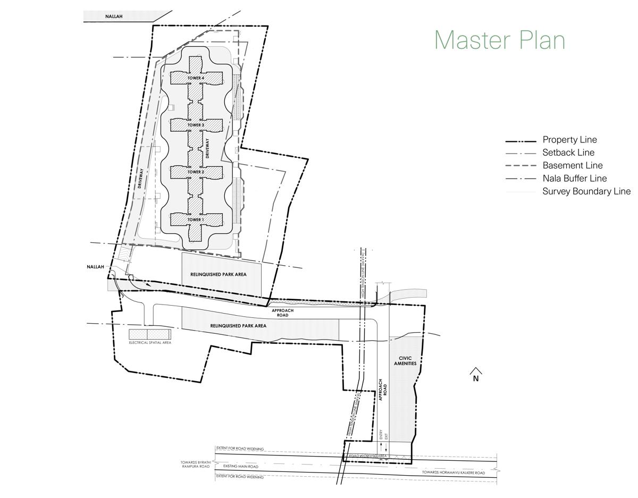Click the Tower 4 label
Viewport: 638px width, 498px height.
point(196,78)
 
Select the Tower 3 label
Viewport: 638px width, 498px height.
point(196,125)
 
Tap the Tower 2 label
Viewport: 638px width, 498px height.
point(196,172)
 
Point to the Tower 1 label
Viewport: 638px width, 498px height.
point(196,220)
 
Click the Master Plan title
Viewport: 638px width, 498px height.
point(499,40)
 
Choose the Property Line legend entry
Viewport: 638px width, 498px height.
point(569,140)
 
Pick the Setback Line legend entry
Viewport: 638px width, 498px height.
point(568,153)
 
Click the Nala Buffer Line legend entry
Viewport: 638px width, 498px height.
point(574,179)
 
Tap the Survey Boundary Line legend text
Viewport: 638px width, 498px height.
point(586,191)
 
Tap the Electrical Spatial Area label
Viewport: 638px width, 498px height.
point(150,343)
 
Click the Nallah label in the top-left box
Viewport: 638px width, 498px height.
point(114,16)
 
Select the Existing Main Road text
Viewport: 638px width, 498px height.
point(240,466)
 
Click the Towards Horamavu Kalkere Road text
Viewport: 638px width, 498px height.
point(454,472)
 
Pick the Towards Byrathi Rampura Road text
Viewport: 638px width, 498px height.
point(196,465)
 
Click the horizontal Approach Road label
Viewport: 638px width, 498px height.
point(282,313)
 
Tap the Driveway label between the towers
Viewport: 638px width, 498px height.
point(207,149)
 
